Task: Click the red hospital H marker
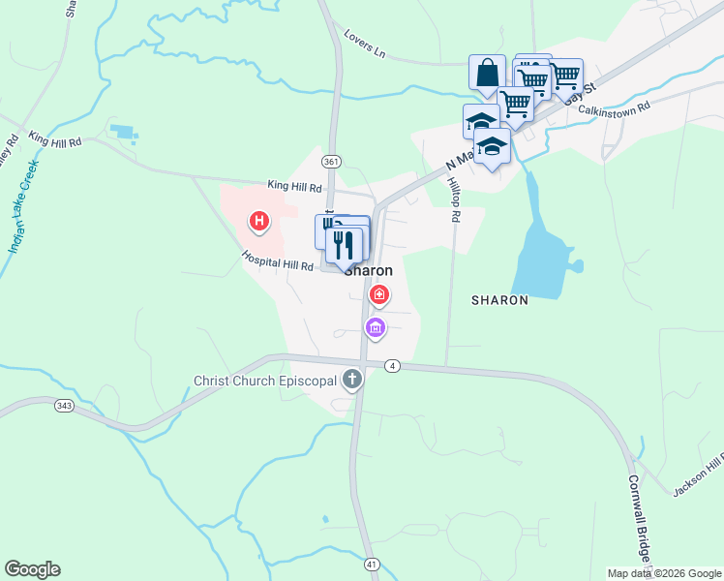coord(258,222)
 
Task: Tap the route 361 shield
coord(332,161)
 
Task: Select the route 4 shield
coord(391,365)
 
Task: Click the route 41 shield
coord(372,563)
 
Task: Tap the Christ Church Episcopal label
coord(264,381)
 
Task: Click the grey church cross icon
coord(353,381)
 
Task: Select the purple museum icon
coord(376,329)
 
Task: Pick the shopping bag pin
coord(487,74)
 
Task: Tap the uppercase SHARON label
coord(499,300)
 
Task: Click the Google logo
coord(32,569)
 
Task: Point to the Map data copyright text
coord(663,573)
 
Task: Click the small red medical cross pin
coord(380,293)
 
